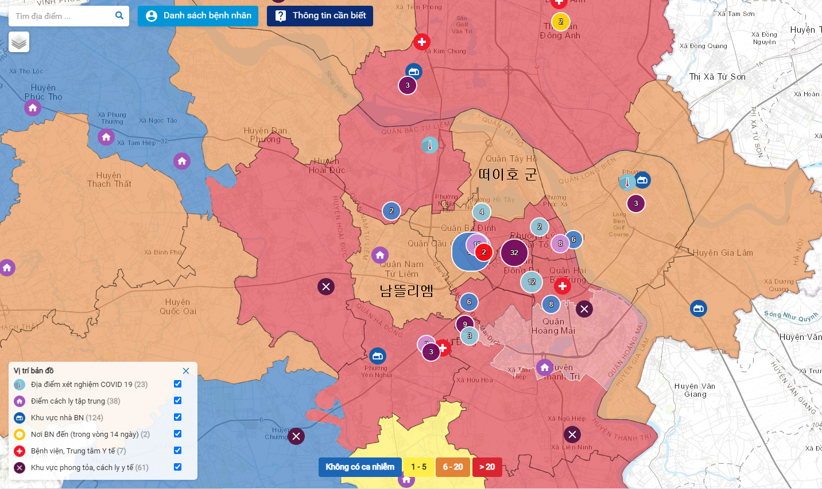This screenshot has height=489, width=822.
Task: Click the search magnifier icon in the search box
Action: tap(119, 15)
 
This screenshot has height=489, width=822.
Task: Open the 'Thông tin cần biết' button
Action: tap(320, 15)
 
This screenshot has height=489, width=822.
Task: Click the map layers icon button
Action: tap(19, 42)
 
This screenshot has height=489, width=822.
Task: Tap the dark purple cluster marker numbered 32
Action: tap(514, 252)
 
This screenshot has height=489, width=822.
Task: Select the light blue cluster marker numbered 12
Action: tap(532, 281)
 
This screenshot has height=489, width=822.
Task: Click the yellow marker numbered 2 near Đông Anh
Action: tap(560, 22)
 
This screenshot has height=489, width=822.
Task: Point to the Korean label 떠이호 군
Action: tap(507, 174)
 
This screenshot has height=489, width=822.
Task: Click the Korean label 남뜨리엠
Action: tap(406, 291)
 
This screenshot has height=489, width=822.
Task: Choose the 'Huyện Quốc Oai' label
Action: tap(178, 307)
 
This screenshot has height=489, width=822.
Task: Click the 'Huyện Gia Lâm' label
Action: tap(723, 253)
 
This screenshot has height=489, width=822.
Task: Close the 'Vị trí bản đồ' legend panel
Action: tap(186, 371)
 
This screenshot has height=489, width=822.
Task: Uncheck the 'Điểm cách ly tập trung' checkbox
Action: tap(178, 401)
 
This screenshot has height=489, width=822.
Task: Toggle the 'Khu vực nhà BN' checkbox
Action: tap(178, 417)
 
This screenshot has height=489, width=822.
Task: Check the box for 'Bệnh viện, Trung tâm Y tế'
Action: tap(178, 451)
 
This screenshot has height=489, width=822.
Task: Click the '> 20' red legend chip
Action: tap(487, 467)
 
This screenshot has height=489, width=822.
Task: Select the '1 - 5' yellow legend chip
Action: tap(418, 467)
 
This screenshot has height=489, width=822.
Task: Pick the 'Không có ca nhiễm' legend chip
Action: tap(360, 467)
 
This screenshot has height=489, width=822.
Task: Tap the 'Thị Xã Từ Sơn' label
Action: tap(717, 77)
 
